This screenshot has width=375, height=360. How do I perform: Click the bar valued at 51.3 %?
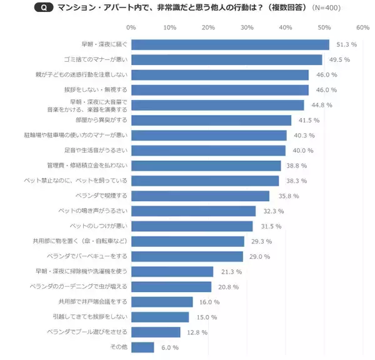(x=230, y=44)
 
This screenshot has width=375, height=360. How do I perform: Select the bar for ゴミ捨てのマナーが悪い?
(x=226, y=60)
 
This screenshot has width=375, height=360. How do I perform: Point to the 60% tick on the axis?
(x=363, y=27)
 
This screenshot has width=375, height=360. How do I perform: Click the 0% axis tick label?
(x=131, y=27)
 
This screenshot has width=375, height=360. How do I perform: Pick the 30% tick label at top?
(x=247, y=27)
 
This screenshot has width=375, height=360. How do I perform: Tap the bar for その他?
(x=142, y=347)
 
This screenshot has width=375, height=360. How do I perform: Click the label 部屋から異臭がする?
(x=101, y=120)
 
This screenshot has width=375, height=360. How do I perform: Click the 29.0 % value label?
(x=259, y=256)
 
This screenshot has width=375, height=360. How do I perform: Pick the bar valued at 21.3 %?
(x=172, y=271)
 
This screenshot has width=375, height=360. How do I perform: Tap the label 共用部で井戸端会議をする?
(x=92, y=302)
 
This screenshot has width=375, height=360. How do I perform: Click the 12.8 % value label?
(x=196, y=332)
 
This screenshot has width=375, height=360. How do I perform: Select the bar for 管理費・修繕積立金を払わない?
(x=206, y=166)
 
